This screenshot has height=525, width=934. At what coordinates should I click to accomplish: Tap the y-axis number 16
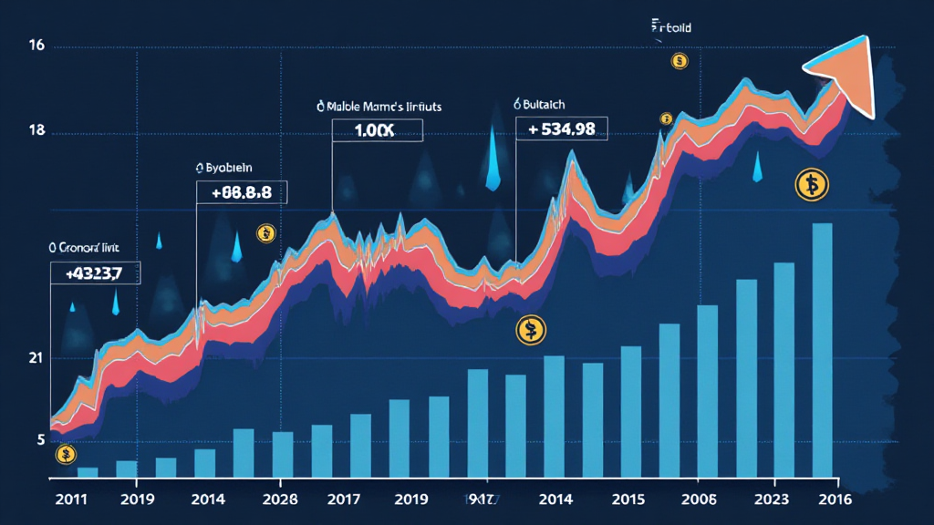click(37, 46)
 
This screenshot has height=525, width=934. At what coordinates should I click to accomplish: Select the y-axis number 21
click(37, 358)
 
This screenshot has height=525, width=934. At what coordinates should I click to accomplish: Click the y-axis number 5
click(41, 439)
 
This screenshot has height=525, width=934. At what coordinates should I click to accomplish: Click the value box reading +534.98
click(562, 129)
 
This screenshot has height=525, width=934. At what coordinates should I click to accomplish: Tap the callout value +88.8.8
click(242, 191)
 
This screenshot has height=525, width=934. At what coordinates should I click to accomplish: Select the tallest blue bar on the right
click(822, 351)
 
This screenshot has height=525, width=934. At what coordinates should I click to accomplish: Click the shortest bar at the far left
click(88, 472)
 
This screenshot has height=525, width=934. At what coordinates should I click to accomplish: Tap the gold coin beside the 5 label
click(65, 454)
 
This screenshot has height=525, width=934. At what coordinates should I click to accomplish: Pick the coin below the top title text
click(678, 61)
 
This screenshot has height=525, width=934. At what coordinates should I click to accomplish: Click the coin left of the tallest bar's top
click(809, 185)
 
